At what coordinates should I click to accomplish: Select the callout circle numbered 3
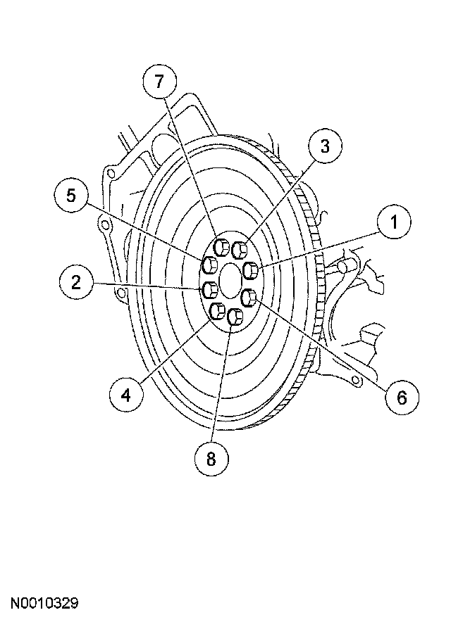click(324, 146)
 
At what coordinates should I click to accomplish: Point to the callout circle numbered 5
click(71, 196)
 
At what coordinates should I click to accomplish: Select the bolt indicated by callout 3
click(240, 248)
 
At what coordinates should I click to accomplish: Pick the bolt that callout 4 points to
click(218, 310)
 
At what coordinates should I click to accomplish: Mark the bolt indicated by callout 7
click(221, 247)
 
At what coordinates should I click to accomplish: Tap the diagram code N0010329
click(43, 603)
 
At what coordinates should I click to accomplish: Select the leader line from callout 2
click(148, 286)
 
